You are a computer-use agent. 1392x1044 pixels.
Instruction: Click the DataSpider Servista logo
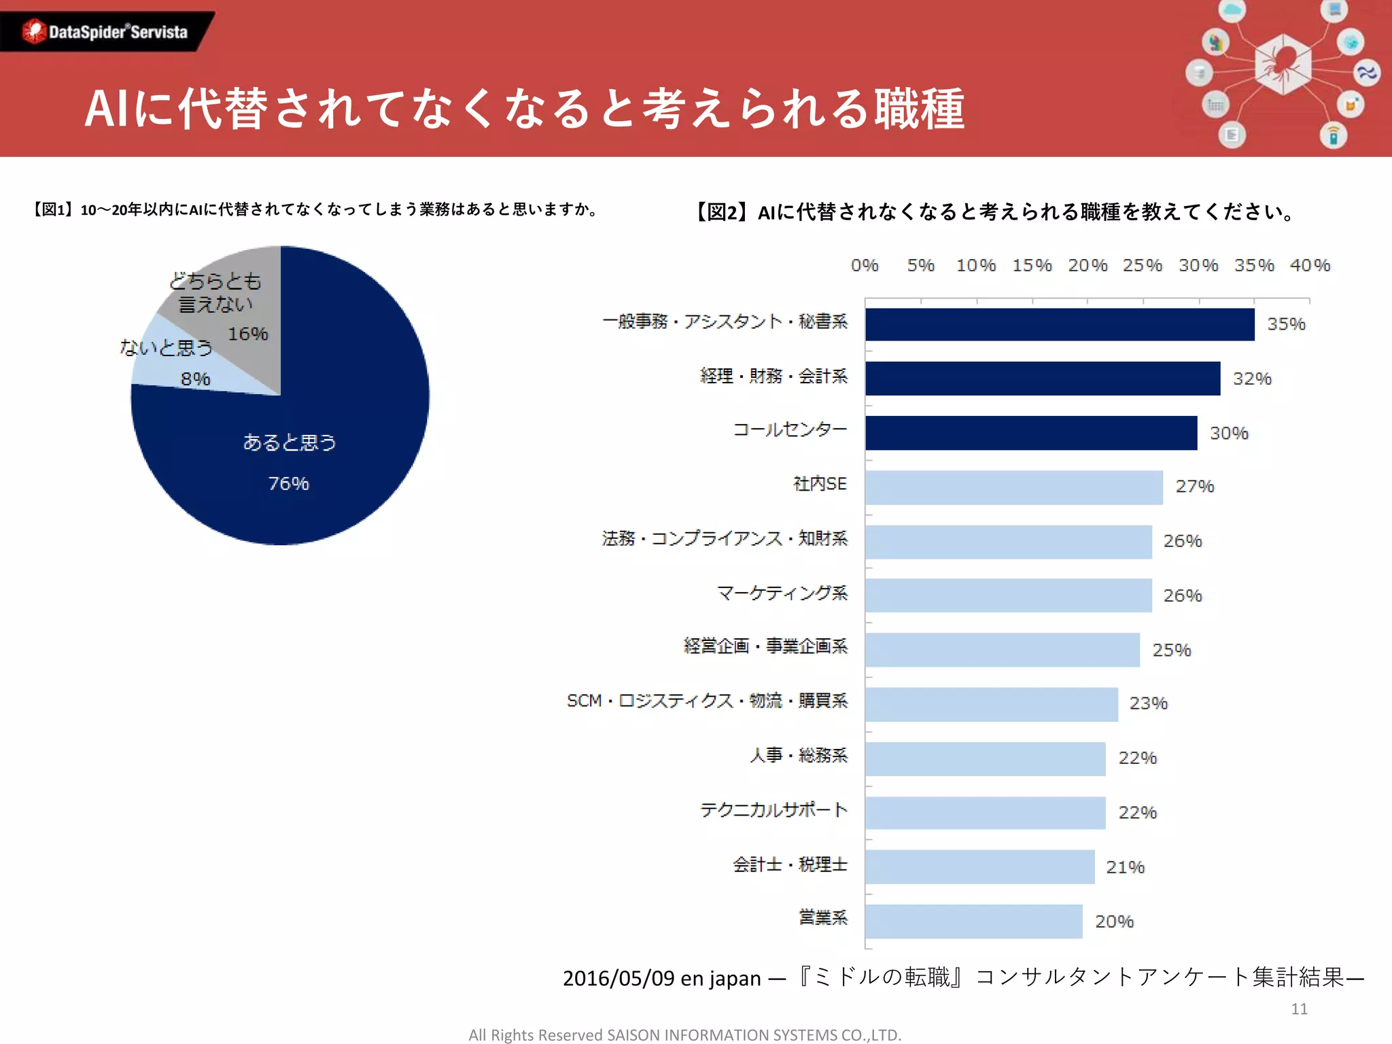pyautogui.click(x=105, y=31)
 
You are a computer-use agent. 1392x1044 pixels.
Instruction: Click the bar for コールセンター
pyautogui.click(x=1030, y=433)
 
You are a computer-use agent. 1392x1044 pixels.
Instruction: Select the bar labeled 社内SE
pyautogui.click(x=1013, y=487)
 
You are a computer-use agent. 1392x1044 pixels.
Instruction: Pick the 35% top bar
pyautogui.click(x=1059, y=324)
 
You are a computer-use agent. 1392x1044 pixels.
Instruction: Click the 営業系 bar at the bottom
pyautogui.click(x=973, y=921)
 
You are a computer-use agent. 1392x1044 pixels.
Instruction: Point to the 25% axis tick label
pyautogui.click(x=1142, y=265)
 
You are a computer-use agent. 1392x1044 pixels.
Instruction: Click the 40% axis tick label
pyautogui.click(x=1310, y=265)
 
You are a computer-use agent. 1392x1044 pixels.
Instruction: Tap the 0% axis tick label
pyautogui.click(x=865, y=265)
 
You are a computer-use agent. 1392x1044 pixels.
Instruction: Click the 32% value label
pyautogui.click(x=1252, y=379)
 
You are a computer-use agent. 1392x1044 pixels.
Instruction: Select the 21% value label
pyautogui.click(x=1125, y=867)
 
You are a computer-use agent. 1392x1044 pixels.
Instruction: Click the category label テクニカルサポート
pyautogui.click(x=773, y=810)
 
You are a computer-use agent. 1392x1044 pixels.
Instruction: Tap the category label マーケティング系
pyautogui.click(x=782, y=593)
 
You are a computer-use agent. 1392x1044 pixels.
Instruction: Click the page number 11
pyautogui.click(x=1299, y=1009)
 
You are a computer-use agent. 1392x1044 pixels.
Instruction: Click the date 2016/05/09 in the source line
pyautogui.click(x=618, y=978)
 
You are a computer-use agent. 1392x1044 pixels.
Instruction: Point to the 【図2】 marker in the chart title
pyautogui.click(x=721, y=212)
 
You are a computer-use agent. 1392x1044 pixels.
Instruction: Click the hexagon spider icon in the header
pyautogui.click(x=1282, y=65)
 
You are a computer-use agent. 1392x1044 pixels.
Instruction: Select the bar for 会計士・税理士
pyautogui.click(x=979, y=867)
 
